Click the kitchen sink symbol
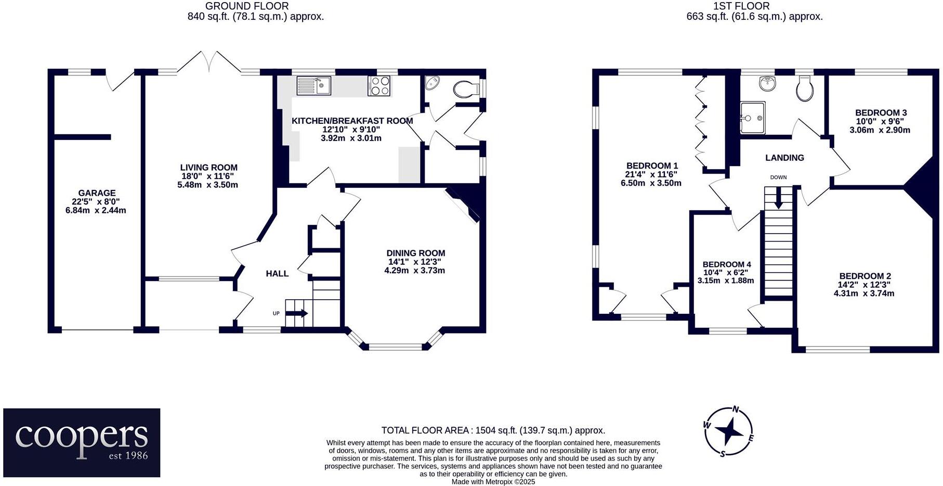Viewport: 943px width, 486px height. (313, 85)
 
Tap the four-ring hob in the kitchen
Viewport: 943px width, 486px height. (379, 85)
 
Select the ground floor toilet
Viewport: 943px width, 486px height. (465, 89)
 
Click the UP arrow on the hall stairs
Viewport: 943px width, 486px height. (296, 313)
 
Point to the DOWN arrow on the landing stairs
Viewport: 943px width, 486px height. (778, 198)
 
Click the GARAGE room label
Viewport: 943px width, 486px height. (97, 193)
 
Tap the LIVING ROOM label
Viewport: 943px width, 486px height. (208, 168)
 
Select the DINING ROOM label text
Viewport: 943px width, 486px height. (415, 253)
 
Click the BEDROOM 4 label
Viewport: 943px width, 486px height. (726, 264)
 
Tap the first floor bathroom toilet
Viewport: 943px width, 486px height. (804, 89)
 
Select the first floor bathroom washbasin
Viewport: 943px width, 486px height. (767, 83)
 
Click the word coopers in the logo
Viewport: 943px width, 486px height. (82, 437)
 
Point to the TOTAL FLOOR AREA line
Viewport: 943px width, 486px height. (493, 430)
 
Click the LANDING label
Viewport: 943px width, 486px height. (784, 158)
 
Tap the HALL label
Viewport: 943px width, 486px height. (277, 274)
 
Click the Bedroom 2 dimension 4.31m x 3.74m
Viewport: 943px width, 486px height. (863, 293)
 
